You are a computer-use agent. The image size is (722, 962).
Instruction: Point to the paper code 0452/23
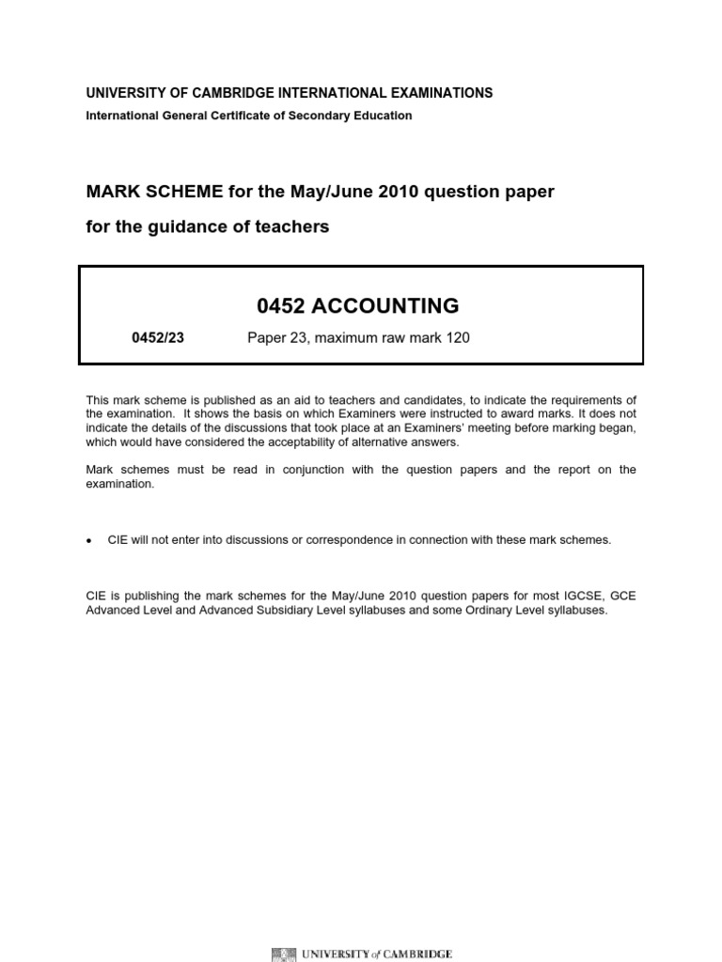click(158, 338)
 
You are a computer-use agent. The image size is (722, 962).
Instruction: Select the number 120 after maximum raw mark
click(457, 338)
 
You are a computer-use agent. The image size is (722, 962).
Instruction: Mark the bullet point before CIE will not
click(89, 541)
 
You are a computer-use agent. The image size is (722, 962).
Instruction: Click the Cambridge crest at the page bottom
click(281, 954)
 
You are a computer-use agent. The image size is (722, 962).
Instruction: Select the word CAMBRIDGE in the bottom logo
click(416, 954)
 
